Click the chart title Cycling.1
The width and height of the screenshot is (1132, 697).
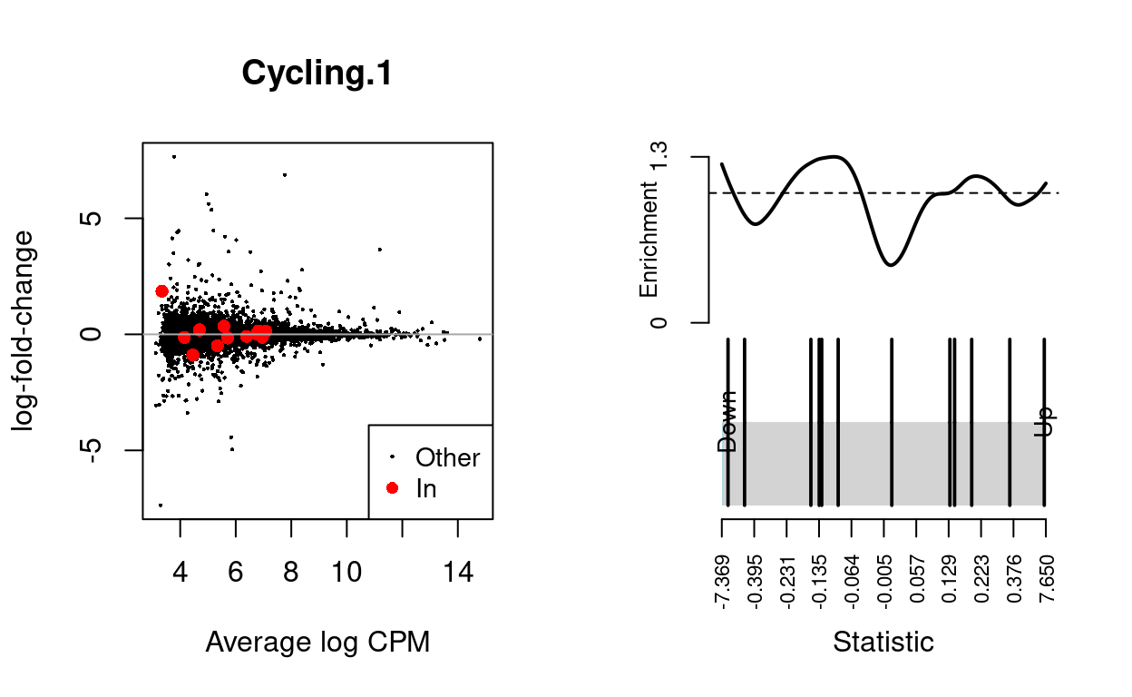coord(317,74)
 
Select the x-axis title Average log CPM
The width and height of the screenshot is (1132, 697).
coord(317,643)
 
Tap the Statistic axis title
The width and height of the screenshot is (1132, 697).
coord(883,643)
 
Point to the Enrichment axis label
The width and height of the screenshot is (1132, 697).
coord(649,240)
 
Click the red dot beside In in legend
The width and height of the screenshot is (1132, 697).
coord(392,488)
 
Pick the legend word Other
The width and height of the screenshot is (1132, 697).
coord(447,457)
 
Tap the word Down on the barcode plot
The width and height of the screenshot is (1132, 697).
coord(727,421)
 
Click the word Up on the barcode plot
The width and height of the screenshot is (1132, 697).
coord(1045,422)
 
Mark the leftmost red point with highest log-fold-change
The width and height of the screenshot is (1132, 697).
coord(161,291)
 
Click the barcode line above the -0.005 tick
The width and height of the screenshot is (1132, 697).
coord(893,422)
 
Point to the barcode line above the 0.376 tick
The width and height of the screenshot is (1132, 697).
coord(1010,422)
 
